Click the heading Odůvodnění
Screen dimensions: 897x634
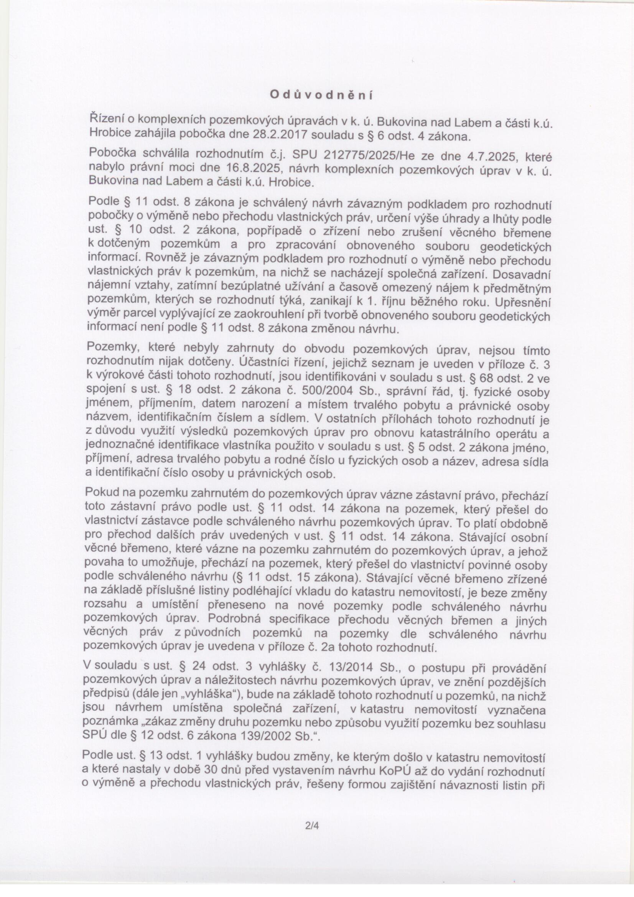pyautogui.click(x=321, y=94)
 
